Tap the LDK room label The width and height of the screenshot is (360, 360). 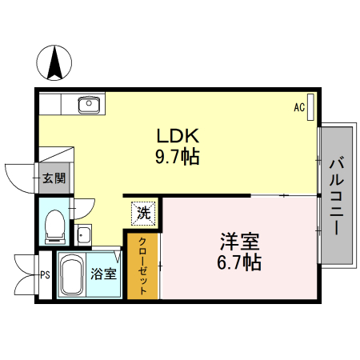[177, 135]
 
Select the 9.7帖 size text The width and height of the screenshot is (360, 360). [177, 156]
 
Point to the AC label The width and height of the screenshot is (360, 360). [299, 106]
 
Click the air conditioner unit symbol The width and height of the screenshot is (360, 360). [310, 106]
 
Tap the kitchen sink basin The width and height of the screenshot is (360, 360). [86, 103]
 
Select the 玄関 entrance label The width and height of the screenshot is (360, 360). [54, 178]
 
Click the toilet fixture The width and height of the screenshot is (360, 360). [55, 226]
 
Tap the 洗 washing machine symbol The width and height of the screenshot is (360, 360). [142, 213]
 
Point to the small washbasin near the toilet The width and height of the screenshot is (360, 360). [83, 234]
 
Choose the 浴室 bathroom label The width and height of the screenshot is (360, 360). [102, 274]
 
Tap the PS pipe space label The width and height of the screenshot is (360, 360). [45, 274]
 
